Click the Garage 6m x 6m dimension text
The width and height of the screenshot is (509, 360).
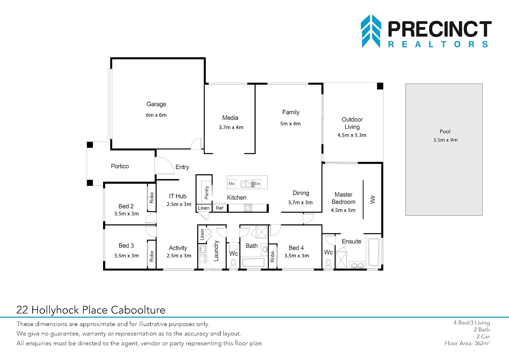(156, 115)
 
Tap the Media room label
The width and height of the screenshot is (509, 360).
(230, 118)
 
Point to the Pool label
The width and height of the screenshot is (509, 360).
(445, 132)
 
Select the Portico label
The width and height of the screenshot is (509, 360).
(120, 166)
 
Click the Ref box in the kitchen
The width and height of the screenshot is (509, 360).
(220, 208)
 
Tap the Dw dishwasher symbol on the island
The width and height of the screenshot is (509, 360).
(257, 183)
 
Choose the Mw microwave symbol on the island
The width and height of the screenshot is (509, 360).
(232, 183)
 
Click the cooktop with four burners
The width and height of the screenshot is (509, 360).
(248, 208)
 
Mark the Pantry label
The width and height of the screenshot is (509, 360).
(207, 192)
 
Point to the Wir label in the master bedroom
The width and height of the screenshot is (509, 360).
(373, 200)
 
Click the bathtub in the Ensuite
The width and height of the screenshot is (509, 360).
(374, 252)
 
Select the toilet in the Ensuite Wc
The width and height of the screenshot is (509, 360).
(328, 264)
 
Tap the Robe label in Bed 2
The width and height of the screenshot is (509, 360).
(151, 198)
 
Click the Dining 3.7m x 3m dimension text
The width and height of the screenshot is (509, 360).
(300, 202)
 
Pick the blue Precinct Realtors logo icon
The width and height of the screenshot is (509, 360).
(371, 31)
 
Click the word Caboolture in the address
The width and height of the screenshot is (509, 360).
(138, 310)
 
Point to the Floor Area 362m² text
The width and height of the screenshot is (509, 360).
(467, 343)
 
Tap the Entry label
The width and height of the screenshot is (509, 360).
(182, 167)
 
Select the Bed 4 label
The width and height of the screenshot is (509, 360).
(296, 248)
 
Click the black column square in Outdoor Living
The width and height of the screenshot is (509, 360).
(380, 86)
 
